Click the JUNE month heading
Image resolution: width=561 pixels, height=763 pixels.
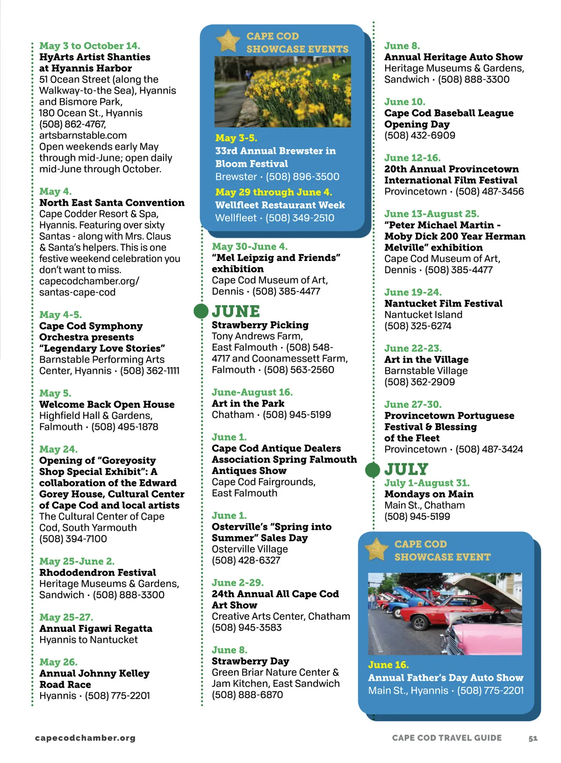236,312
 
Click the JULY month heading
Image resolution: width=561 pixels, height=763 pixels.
406,469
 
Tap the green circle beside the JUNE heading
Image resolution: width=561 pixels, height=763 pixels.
201,311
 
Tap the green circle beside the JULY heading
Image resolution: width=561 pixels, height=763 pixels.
373,470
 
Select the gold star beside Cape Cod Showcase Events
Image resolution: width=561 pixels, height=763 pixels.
228,41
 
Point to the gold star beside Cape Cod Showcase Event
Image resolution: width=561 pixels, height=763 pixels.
376,549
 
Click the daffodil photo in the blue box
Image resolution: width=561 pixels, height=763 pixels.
282,92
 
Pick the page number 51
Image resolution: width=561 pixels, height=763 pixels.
533,738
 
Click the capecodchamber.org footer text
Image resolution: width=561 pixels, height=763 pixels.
85,738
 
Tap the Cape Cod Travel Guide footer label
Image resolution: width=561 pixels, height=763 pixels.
446,738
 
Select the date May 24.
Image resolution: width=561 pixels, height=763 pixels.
58,450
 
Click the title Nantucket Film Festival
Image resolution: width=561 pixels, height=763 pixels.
443,304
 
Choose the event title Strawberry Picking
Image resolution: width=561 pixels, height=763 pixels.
260,325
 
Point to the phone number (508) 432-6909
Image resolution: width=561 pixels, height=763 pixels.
419,136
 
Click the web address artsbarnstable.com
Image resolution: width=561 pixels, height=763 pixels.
83,136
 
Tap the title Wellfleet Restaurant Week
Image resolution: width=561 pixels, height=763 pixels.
280,205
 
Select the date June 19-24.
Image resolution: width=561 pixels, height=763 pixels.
413,292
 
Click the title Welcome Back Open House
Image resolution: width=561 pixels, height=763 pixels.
107,405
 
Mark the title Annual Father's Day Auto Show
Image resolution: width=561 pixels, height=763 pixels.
445,678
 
